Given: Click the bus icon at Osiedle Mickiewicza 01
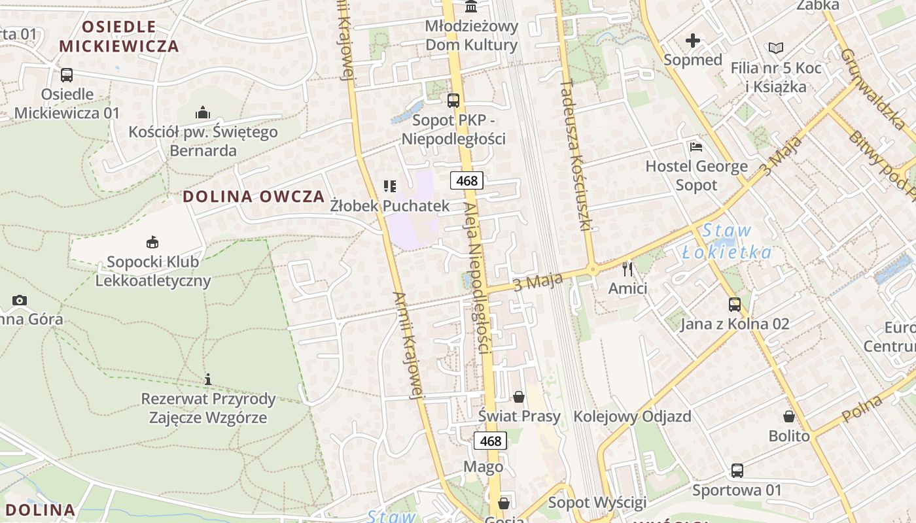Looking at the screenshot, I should (x=66, y=75).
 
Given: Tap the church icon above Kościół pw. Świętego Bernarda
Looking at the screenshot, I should (x=203, y=112).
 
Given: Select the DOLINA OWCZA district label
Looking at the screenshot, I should (x=253, y=196).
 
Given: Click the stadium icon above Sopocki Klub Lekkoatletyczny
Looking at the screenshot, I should (x=152, y=242).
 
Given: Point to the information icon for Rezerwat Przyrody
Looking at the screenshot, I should (x=208, y=379).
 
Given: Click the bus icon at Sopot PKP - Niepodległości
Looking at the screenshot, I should (x=453, y=101).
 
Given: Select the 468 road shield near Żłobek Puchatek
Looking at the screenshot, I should (x=467, y=180).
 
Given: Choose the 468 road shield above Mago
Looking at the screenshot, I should (x=490, y=441).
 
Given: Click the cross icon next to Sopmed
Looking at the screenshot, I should (x=693, y=41).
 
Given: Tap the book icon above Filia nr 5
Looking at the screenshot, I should (x=776, y=48).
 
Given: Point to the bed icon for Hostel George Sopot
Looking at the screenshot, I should (x=696, y=147).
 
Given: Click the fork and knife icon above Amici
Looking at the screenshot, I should (x=627, y=269).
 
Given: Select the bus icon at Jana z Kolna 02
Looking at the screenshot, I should (x=735, y=305).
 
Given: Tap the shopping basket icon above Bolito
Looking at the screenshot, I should (x=789, y=416).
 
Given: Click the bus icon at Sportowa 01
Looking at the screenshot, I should (x=737, y=471).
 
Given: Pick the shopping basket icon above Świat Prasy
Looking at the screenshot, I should (x=519, y=397).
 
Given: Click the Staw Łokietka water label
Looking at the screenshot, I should (x=726, y=241).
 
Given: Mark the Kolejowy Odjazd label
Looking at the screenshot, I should (x=632, y=416).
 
